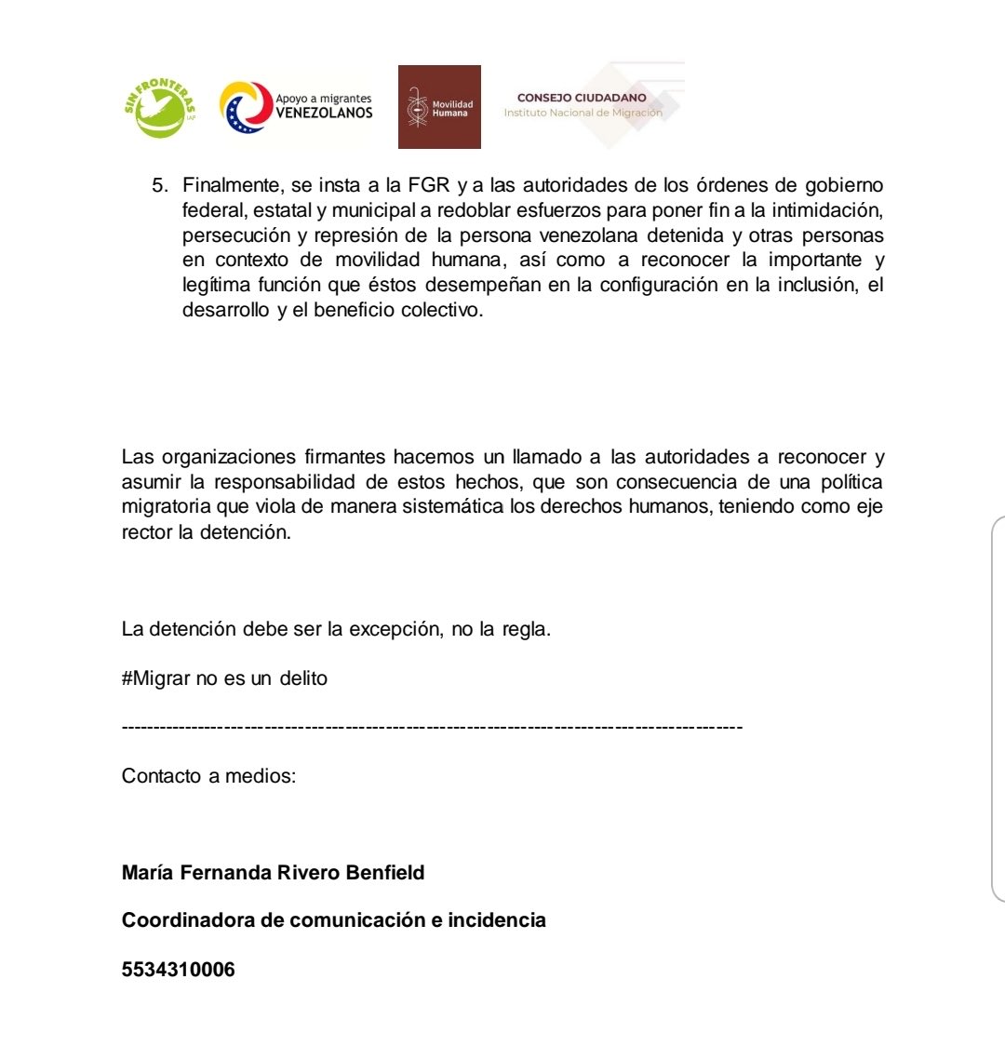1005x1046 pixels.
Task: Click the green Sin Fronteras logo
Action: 159,106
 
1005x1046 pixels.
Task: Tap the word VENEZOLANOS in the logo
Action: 324,114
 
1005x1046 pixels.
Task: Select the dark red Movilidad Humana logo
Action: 439,107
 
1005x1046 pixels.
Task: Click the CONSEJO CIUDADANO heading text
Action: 582,98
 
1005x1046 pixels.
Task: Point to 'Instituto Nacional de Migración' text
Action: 583,113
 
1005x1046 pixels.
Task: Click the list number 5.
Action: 157,185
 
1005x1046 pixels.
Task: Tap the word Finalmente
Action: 225,185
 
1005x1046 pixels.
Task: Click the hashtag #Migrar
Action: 155,678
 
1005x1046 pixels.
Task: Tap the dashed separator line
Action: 432,726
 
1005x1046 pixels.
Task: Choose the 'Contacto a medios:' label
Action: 208,775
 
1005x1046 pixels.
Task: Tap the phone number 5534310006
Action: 178,970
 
